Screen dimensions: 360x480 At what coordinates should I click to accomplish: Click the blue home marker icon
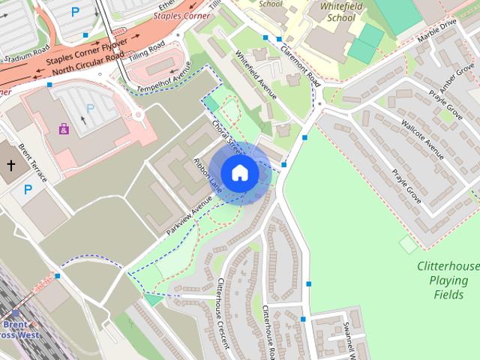pyautogui.click(x=239, y=172)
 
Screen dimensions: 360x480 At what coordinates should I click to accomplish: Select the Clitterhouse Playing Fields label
pyautogui.click(x=448, y=280)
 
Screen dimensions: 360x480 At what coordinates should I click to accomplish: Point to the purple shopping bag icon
pyautogui.click(x=64, y=129)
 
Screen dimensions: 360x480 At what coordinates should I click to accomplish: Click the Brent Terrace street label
pyautogui.click(x=32, y=163)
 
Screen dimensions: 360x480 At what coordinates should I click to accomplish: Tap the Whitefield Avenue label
pyautogui.click(x=256, y=75)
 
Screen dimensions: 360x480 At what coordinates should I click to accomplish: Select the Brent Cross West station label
pyautogui.click(x=20, y=329)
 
